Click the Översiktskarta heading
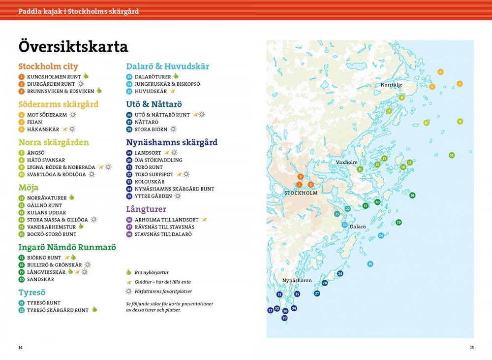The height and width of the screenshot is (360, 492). click(x=73, y=47)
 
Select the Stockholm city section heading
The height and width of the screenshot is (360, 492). click(x=48, y=66)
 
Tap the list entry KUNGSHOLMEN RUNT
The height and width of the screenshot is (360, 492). click(x=54, y=77)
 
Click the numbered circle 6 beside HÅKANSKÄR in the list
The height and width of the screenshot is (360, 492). click(x=21, y=130)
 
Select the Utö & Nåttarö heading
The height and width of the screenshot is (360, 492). click(x=154, y=104)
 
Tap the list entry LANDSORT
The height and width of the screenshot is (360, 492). click(x=148, y=153)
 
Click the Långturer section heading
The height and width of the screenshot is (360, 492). click(x=146, y=209)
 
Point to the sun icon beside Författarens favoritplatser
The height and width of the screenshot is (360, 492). click(x=129, y=292)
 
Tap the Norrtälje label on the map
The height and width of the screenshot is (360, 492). click(x=391, y=85)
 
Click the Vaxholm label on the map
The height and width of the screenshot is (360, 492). click(x=346, y=162)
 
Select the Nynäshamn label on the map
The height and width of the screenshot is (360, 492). click(x=297, y=280)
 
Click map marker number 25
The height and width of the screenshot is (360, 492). click(x=370, y=264)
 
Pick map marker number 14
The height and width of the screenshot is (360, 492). click(x=451, y=156)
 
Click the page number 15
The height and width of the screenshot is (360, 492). click(x=471, y=348)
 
